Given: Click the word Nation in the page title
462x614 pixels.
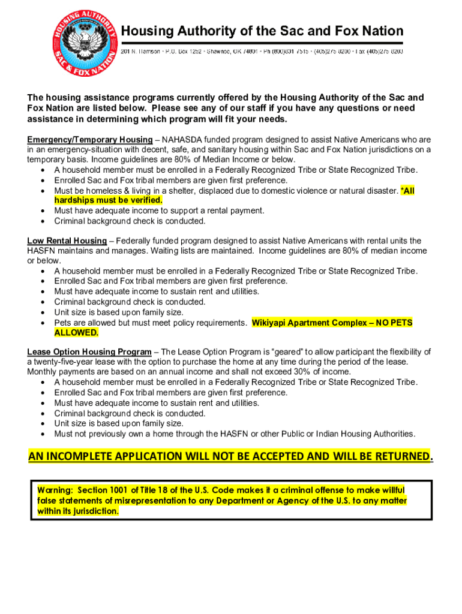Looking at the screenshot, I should [376, 31].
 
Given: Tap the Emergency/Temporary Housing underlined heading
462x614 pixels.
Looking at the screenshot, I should [90, 140].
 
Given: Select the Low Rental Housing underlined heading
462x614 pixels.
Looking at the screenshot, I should [67, 241].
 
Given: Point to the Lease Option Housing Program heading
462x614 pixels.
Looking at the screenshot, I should [89, 352].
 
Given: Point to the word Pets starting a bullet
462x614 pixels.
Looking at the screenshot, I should [64, 323].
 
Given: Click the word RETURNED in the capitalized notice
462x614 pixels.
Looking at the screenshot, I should [400, 457].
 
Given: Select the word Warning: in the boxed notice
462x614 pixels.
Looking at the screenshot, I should [55, 490].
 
